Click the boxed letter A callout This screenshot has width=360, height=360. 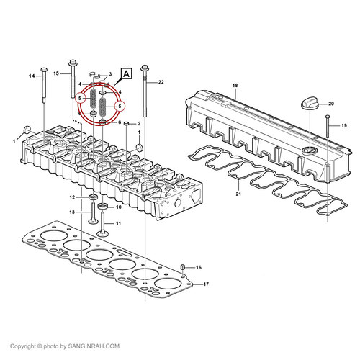[126, 73]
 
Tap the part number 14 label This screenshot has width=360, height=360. [32, 76]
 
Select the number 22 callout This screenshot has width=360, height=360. [161, 82]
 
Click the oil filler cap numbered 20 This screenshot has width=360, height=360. [310, 104]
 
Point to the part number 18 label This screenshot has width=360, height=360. [235, 85]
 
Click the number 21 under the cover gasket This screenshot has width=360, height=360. [238, 194]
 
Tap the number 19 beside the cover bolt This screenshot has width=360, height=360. [344, 125]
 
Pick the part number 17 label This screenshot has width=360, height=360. [206, 284]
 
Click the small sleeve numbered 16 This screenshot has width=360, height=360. [183, 267]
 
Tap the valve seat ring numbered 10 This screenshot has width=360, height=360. [103, 206]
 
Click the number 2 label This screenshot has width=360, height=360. [139, 124]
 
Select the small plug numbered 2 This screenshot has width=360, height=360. [127, 124]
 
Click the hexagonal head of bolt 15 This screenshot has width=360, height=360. [73, 63]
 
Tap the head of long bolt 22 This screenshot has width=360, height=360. [145, 68]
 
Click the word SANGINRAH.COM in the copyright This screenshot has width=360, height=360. [94, 346]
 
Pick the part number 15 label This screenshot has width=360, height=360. [56, 73]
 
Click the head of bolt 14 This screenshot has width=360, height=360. [44, 70]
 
